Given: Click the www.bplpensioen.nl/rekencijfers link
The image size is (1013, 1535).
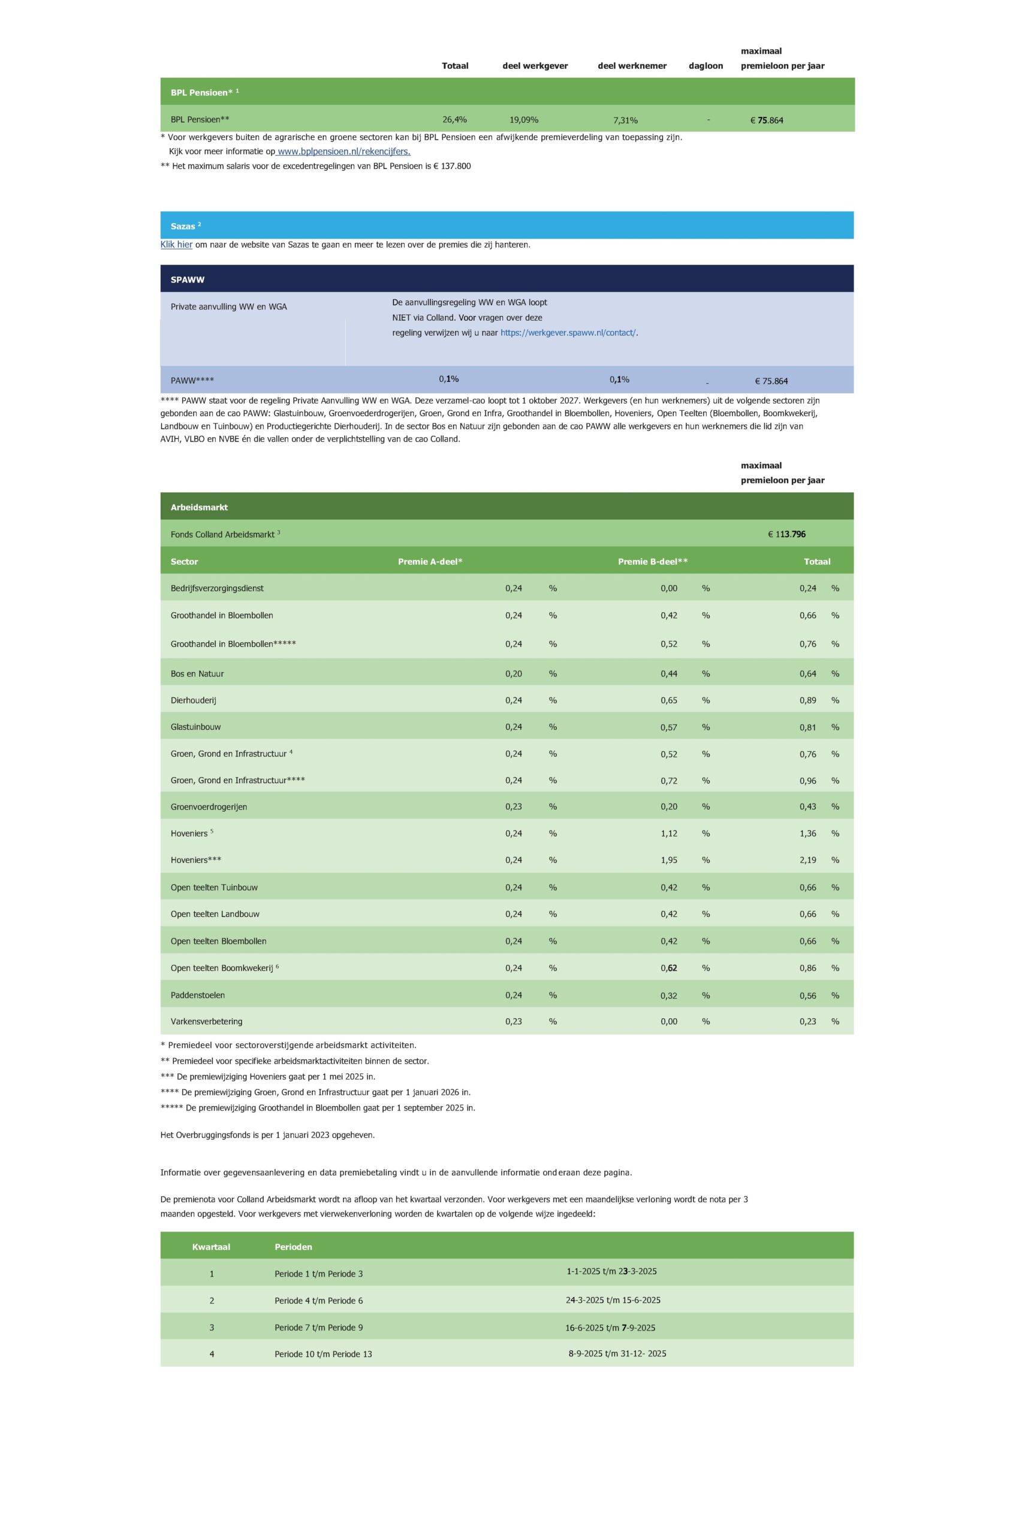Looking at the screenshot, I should (343, 152).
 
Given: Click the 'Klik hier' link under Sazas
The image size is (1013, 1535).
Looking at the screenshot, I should (176, 245).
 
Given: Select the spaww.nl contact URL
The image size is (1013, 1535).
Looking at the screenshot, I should (568, 333).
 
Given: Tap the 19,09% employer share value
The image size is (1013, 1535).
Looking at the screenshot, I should (524, 119).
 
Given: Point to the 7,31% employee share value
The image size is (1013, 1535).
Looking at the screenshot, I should (625, 120).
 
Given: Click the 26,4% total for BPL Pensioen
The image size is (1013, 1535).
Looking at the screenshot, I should (455, 119).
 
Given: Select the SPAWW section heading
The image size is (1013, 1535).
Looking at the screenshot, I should (188, 280).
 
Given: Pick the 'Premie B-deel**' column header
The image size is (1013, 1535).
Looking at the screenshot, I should (653, 562).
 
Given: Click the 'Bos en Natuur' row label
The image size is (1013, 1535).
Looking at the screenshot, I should (197, 673).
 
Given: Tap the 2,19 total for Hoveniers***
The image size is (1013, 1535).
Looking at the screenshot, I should (807, 860).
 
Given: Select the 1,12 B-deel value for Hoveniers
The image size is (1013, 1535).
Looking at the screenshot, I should (669, 833).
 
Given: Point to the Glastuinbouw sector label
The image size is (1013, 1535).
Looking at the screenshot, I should (196, 727).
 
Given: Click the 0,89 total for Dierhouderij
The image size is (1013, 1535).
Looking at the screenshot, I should (807, 700).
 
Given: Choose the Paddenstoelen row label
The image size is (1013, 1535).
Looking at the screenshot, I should (198, 995).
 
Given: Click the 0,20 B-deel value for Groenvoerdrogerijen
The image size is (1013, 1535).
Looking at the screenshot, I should (669, 806).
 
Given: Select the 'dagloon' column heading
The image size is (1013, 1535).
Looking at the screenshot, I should (706, 66).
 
